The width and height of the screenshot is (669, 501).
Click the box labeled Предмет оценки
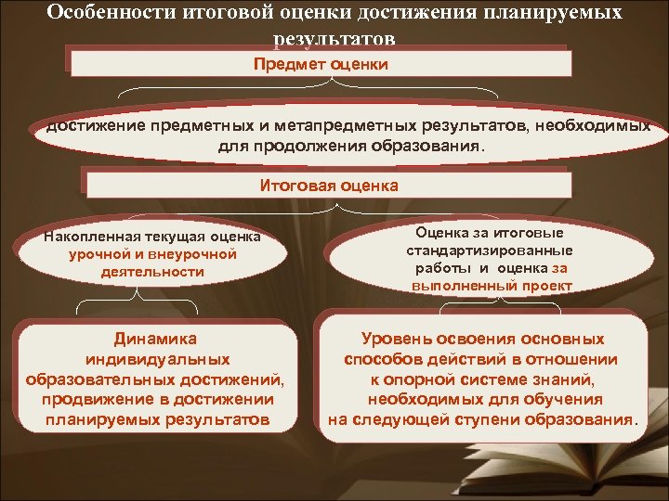tap(321, 64)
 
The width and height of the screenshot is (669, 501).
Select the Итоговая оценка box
tap(328, 185)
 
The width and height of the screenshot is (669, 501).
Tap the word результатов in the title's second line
tap(334, 41)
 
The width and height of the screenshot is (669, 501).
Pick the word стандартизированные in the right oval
tap(489, 250)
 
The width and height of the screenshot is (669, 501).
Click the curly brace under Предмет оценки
tap(321, 94)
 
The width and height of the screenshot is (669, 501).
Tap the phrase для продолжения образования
tap(351, 147)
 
